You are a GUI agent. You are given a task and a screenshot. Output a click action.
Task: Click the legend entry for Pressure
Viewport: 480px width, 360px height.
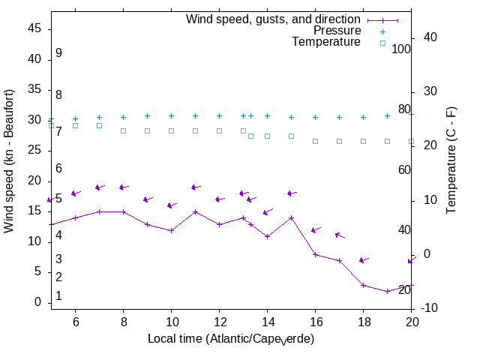click(x=337, y=31)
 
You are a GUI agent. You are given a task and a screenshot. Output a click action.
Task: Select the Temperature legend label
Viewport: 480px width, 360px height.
click(x=326, y=42)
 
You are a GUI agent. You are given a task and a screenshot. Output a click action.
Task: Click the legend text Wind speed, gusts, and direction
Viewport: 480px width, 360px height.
click(x=274, y=19)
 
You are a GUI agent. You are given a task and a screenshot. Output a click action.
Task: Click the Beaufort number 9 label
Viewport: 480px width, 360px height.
click(x=58, y=53)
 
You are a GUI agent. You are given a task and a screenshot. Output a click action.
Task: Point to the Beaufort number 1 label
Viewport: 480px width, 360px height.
click(x=58, y=296)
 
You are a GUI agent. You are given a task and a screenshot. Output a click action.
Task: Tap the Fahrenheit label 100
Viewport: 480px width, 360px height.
click(x=402, y=49)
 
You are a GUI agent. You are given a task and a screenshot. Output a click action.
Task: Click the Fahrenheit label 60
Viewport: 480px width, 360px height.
click(x=404, y=169)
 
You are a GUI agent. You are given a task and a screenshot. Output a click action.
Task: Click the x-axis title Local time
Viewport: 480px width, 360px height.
click(x=230, y=339)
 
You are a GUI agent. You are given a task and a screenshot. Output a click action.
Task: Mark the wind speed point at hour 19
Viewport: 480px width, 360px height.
click(x=387, y=291)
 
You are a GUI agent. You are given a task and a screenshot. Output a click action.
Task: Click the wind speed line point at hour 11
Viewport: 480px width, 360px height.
click(x=195, y=211)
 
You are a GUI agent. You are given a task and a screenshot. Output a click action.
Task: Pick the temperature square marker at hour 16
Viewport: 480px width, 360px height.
click(x=315, y=141)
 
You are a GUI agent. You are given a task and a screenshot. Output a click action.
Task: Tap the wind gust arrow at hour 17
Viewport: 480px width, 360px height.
click(x=339, y=235)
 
